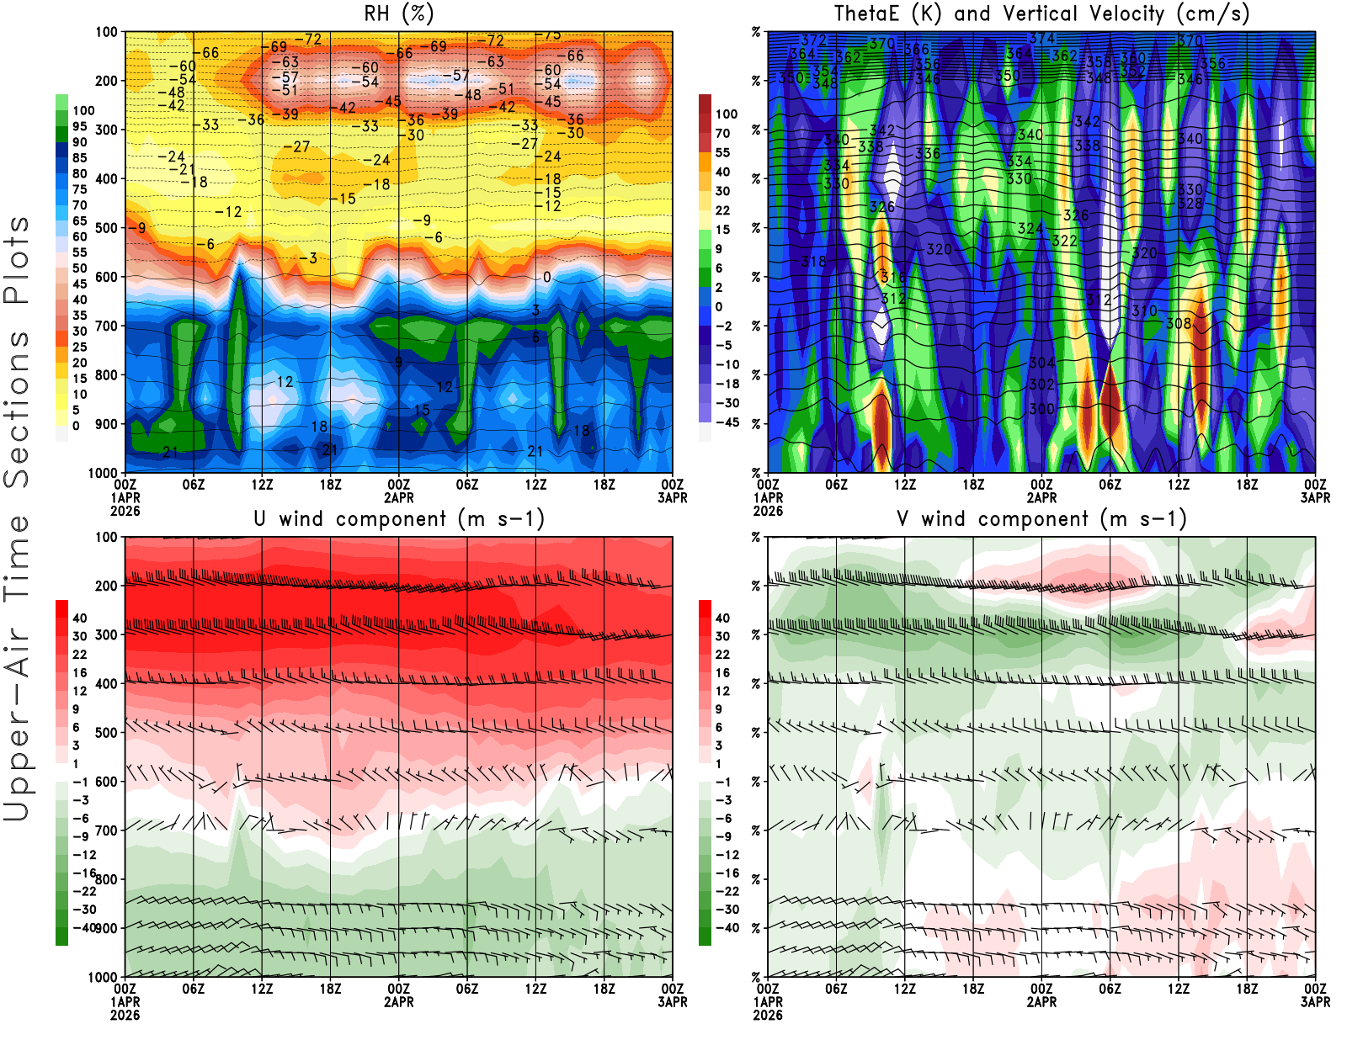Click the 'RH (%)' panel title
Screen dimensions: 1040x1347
click(x=399, y=13)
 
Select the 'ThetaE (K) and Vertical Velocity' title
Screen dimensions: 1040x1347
click(x=1041, y=13)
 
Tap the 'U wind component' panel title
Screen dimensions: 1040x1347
click(x=399, y=518)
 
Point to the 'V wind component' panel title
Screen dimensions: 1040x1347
click(x=1041, y=518)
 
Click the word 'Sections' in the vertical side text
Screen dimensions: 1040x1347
click(x=17, y=408)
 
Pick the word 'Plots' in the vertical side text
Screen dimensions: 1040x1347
click(x=17, y=261)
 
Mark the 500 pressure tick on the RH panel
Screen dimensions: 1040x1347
click(x=106, y=228)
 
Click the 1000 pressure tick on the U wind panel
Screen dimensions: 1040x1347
click(x=103, y=977)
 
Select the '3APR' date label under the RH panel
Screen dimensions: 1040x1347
click(x=672, y=497)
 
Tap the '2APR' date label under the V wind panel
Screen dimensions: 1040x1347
click(x=1041, y=1002)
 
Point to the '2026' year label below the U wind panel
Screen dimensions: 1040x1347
click(x=125, y=1015)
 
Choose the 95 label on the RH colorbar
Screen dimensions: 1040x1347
click(x=80, y=126)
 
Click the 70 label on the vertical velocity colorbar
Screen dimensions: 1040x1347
click(x=722, y=133)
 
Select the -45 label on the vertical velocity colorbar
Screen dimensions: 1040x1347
click(x=727, y=422)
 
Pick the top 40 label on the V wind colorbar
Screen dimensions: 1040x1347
click(x=722, y=618)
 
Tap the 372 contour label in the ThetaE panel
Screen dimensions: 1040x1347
click(x=813, y=40)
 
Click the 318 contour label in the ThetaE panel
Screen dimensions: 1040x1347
click(x=813, y=261)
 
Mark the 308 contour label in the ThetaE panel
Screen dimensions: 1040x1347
click(x=1179, y=323)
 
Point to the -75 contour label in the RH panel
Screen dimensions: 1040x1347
click(x=551, y=35)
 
